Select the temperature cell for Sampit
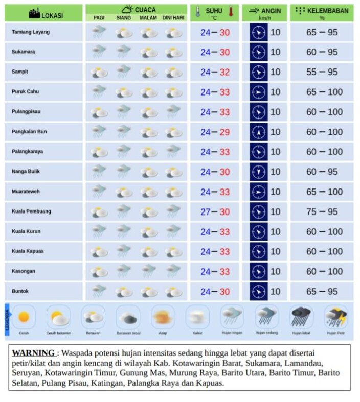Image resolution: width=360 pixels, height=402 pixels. pos(215,72)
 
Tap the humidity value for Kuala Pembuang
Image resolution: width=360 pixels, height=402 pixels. pos(322,212)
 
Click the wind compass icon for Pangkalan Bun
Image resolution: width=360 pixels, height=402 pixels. pos(259,132)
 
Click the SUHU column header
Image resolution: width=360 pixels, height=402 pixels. pos(215,13)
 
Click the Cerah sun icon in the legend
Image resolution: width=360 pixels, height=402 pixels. pos(24,317)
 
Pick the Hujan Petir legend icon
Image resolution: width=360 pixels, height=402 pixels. pos(336,317)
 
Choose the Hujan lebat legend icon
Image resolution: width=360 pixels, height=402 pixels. pos(301,317)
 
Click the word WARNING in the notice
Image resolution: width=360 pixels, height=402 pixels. pos(34,353)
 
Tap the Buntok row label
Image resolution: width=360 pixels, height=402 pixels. pos(20,292)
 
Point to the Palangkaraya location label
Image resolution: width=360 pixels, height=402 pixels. pos(27,152)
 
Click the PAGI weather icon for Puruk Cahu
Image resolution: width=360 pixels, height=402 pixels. pos(99,92)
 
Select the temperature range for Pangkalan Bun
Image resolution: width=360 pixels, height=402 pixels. pos(215,132)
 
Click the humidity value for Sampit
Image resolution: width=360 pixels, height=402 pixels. pos(322,72)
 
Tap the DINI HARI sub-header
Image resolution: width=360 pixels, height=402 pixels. pos(173,18)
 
